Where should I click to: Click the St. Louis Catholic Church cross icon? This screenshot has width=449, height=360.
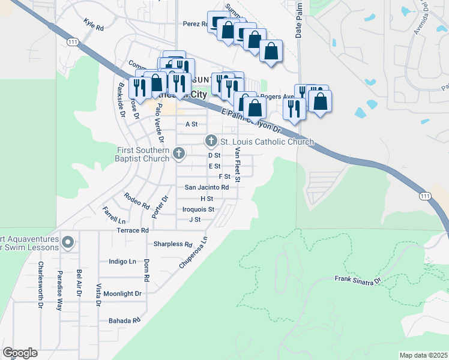211,141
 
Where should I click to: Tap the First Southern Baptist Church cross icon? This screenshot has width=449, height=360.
178,154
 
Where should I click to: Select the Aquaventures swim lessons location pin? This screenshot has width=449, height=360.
68,243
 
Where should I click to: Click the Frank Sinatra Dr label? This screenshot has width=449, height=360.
358,280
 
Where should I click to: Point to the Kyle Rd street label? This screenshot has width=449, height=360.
94,28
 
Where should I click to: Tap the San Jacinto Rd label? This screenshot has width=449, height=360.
206,187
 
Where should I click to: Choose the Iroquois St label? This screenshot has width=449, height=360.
198,209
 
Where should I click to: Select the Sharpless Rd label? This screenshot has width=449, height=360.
172,244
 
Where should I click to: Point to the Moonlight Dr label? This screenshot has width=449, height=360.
122,293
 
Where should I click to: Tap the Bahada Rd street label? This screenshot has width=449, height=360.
124,320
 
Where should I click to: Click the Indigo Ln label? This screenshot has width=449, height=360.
122,262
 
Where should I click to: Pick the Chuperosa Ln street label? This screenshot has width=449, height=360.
193,252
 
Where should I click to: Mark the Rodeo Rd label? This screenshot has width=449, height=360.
137,200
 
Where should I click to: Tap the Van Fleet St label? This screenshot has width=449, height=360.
238,164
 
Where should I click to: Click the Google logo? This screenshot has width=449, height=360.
20,353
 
